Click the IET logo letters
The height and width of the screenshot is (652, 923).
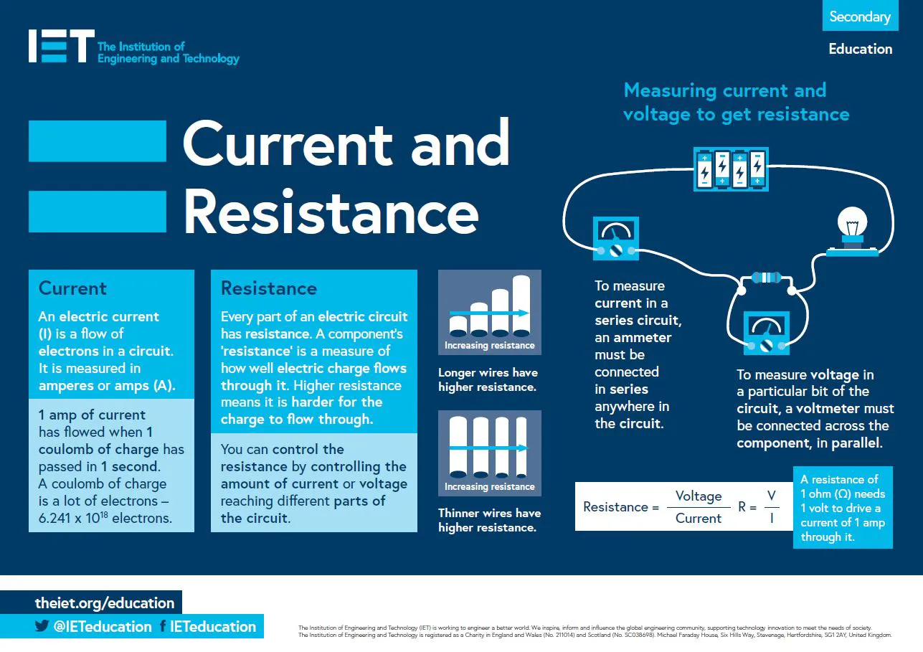pos(61,46)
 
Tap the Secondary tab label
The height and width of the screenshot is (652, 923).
pos(860,16)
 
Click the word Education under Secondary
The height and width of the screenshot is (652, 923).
pos(860,49)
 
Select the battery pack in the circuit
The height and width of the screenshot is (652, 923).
pos(731,169)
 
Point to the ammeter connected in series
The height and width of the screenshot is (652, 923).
pos(615,239)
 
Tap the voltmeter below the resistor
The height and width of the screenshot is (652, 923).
pos(766,333)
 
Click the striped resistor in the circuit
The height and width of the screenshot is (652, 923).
pos(766,278)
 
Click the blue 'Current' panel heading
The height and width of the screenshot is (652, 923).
pos(72,288)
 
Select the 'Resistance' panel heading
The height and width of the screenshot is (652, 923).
pos(269,288)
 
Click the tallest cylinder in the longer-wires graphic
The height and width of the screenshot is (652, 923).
pos(521,306)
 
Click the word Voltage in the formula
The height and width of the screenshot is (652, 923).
pos(699,496)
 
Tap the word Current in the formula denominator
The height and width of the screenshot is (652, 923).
pos(699,518)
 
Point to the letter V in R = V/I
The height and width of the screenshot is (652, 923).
pos(772,496)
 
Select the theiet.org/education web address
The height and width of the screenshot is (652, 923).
pos(105,603)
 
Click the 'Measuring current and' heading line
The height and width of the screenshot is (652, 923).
pos(725,90)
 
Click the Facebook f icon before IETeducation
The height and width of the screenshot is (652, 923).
pos(163,626)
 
